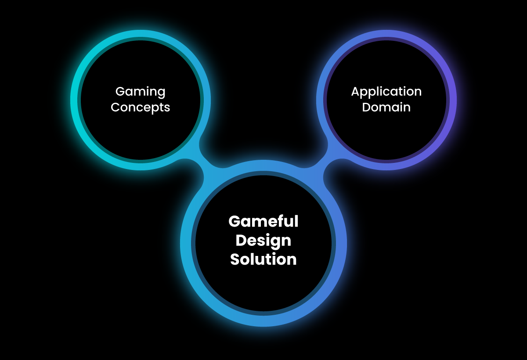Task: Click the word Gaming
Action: point(141,92)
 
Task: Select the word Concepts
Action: point(141,107)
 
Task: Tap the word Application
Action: point(386,92)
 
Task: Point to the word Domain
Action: point(386,107)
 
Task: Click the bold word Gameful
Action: point(263,221)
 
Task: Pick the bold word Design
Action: point(263,241)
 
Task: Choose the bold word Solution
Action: point(263,259)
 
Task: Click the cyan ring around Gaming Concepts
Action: point(75,100)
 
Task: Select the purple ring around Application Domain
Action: point(452,100)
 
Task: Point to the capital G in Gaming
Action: point(120,91)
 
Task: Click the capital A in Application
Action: point(355,91)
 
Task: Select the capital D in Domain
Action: point(367,107)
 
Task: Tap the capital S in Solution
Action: point(235,259)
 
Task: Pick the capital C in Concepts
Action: point(116,107)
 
